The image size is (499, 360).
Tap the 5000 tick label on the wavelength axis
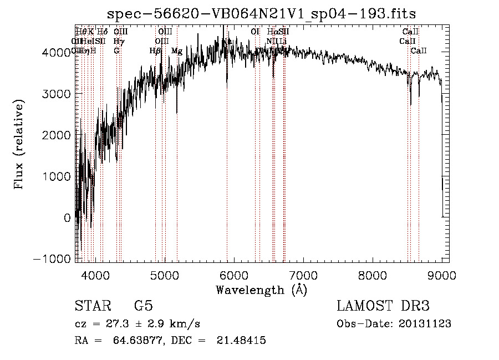pos(164,276)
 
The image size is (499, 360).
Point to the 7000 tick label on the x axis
pos(303,276)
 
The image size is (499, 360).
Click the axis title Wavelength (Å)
pos(261,290)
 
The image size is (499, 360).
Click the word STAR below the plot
pos(92,306)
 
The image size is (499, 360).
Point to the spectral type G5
pos(143,306)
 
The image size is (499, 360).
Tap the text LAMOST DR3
pos(383,306)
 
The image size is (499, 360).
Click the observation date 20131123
pos(425,324)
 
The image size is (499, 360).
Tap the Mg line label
pos(177,51)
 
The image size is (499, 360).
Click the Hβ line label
pos(156,51)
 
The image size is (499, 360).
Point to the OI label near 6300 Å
pos(255,32)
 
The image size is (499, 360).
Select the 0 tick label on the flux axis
pos(67,218)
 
